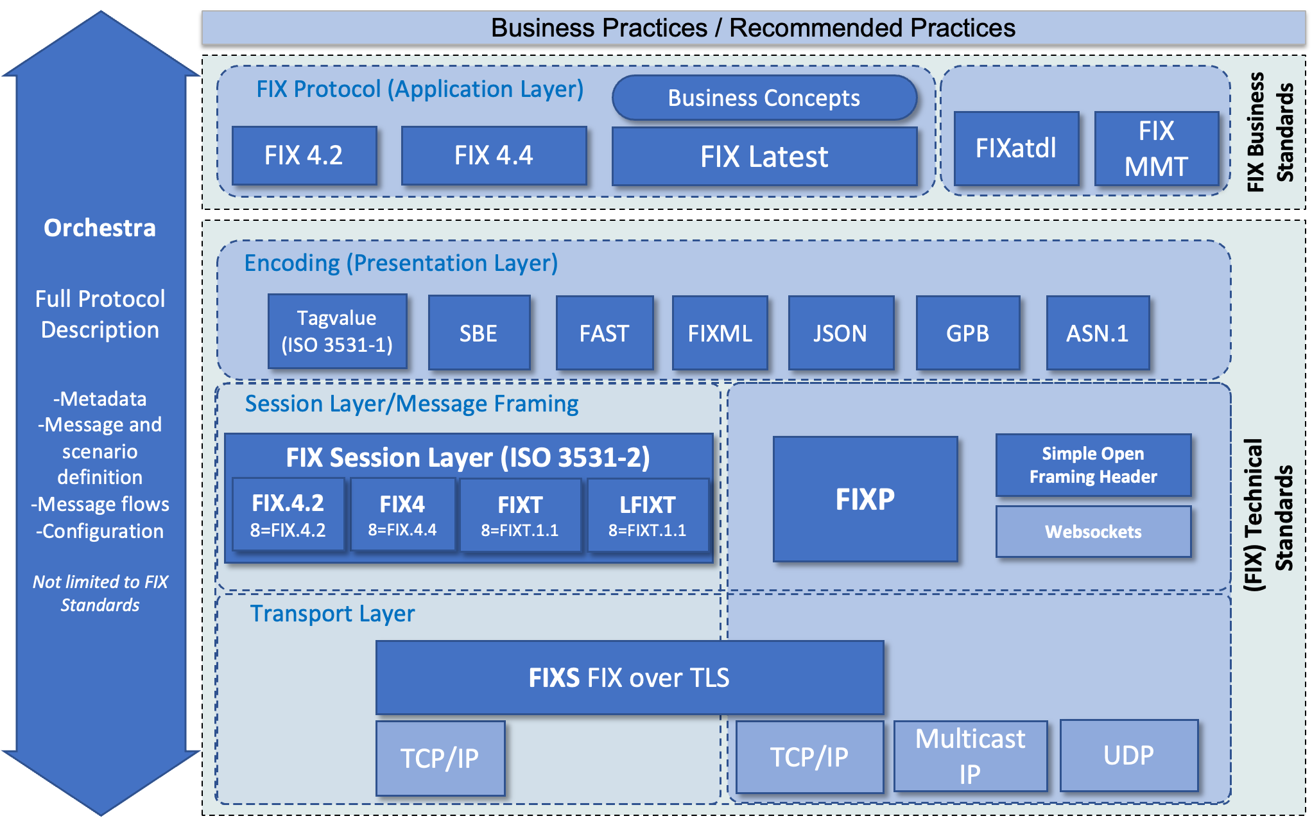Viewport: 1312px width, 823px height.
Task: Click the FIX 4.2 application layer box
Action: coord(304,155)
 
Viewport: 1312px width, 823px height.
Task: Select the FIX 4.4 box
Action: coord(494,155)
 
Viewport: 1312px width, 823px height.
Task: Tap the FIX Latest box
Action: coord(764,157)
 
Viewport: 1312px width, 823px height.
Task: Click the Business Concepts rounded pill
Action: coord(764,98)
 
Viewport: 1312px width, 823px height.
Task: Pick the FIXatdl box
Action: coord(1015,148)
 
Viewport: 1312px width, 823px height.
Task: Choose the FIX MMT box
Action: coord(1156,148)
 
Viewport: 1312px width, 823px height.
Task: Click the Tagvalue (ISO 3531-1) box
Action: coord(337,331)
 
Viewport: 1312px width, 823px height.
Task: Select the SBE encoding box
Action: coord(479,333)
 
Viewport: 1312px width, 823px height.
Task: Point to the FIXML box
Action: coord(720,333)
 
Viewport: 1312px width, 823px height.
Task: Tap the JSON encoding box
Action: coord(840,333)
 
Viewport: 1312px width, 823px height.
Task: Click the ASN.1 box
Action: coord(1097,333)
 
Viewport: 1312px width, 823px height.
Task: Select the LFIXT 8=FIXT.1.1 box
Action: coord(647,515)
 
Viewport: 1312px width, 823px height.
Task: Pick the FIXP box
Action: coord(865,499)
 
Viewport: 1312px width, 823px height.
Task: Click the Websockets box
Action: coord(1093,532)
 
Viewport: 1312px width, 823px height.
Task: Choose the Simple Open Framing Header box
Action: coord(1093,465)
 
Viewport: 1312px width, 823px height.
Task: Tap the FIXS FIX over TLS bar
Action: coord(629,678)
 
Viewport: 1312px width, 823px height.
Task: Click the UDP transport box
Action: coord(1128,756)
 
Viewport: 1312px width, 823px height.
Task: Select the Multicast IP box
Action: coord(970,756)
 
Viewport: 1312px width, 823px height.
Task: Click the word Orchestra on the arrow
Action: coord(99,228)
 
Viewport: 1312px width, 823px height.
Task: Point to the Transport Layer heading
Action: coord(332,614)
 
